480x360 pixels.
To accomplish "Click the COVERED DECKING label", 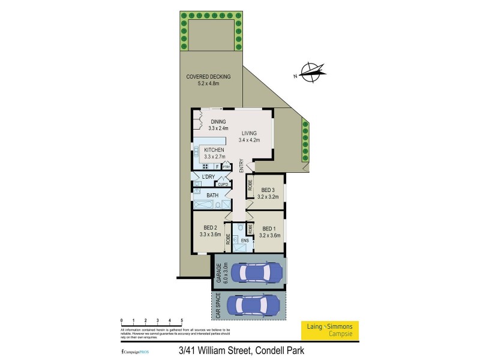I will pos(208,80).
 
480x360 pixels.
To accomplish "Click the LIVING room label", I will pos(249,137).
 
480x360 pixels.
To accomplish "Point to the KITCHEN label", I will pos(214,153).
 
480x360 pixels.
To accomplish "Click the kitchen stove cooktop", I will pos(206,166).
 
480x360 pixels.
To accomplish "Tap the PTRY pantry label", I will pos(226,167).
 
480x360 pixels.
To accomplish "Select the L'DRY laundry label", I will pos(208,176).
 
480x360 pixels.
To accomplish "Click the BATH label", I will pos(212,195).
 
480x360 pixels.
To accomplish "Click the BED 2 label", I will pos(209,231).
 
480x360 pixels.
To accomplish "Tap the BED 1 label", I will pos(269,231).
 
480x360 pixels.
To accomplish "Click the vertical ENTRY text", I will pos(241,166).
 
